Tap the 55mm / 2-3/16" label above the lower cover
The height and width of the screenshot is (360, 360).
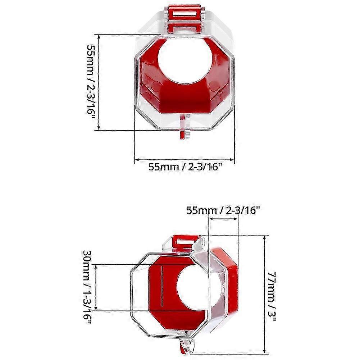pyautogui.click(x=223, y=210)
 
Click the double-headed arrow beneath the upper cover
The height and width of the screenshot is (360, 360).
pyautogui.click(x=184, y=159)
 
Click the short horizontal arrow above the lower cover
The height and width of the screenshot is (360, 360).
pyautogui.click(x=223, y=218)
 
